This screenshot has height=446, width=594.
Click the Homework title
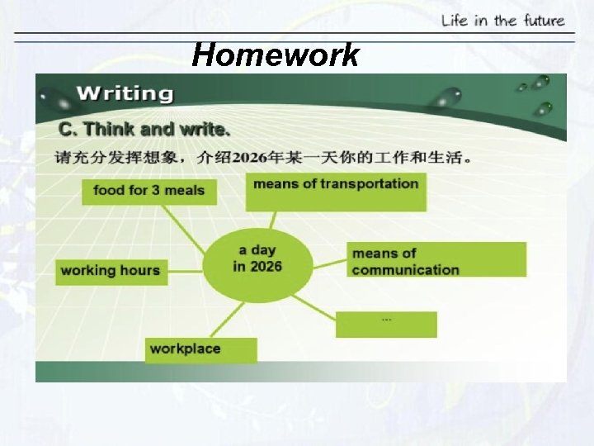pos(276,55)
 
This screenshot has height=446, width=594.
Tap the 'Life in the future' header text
pos(502,20)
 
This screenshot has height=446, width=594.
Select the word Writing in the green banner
pos(125,93)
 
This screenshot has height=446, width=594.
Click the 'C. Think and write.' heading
pos(144,130)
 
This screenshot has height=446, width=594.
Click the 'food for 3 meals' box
pos(148,191)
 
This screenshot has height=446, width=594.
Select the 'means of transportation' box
pos(336,191)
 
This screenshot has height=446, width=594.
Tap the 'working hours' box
pos(111,271)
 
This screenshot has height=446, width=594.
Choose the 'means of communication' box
pos(436,260)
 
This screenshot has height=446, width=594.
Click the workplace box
pos(200,349)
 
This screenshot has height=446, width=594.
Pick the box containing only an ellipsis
pos(386,324)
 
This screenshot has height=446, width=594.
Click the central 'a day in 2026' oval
pos(257,258)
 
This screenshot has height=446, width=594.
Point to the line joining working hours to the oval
pos(185,266)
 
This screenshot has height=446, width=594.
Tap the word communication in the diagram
pos(405,269)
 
